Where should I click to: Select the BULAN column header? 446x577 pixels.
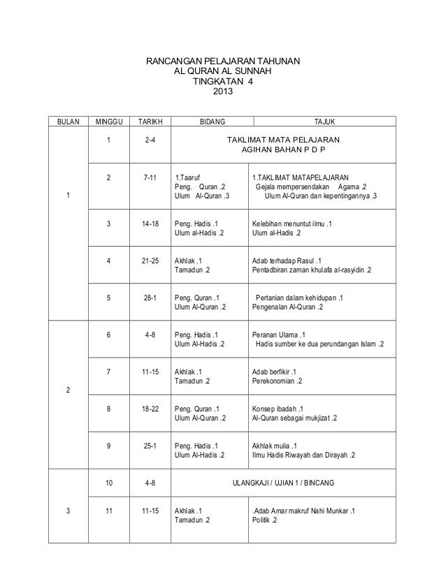(68, 122)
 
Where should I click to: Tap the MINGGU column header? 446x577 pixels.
(108, 122)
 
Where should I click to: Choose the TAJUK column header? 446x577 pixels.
(325, 122)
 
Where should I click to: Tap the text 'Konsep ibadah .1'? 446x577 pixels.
(278, 409)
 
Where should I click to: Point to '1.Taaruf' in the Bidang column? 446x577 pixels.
(187, 177)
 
